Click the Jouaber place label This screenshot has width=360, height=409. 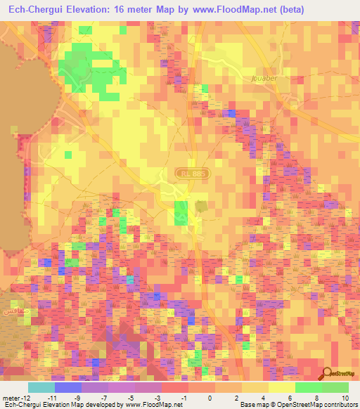[264, 78]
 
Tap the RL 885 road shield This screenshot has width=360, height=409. [186, 171]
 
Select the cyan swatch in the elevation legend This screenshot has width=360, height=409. [41, 387]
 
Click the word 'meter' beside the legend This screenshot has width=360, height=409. [12, 397]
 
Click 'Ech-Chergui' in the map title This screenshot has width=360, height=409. [34, 9]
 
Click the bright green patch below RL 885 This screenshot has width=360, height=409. [181, 212]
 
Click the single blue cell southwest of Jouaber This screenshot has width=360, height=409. [231, 112]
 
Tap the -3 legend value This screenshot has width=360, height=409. [156, 397]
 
